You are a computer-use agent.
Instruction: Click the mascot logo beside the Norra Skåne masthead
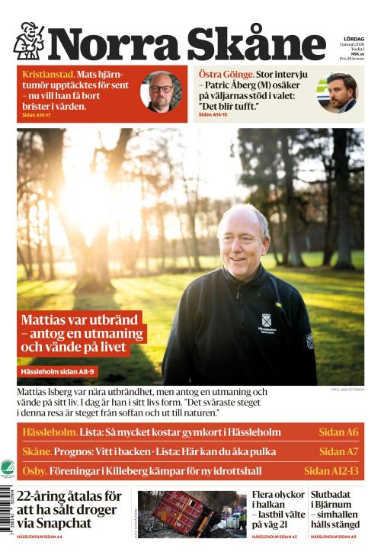pos(28,41)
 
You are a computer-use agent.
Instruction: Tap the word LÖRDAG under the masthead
pos(354,39)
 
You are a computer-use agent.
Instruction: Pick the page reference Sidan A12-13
pos(331,470)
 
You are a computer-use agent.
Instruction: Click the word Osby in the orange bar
pos(34,470)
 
